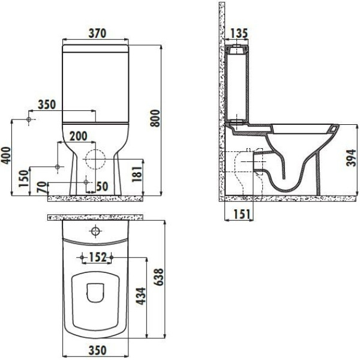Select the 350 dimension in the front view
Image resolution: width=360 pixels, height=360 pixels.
click(46, 104)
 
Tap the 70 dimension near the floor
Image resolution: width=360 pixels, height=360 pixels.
click(41, 187)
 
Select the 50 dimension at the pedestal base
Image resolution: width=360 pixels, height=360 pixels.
click(101, 187)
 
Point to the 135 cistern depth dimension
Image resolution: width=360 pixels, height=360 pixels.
click(239, 32)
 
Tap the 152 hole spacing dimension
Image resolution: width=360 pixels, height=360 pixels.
click(97, 257)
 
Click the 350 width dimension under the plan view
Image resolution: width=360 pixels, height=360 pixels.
click(97, 350)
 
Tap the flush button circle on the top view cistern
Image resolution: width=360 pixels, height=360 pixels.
click(96, 232)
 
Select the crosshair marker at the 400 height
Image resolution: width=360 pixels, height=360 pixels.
click(29, 120)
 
